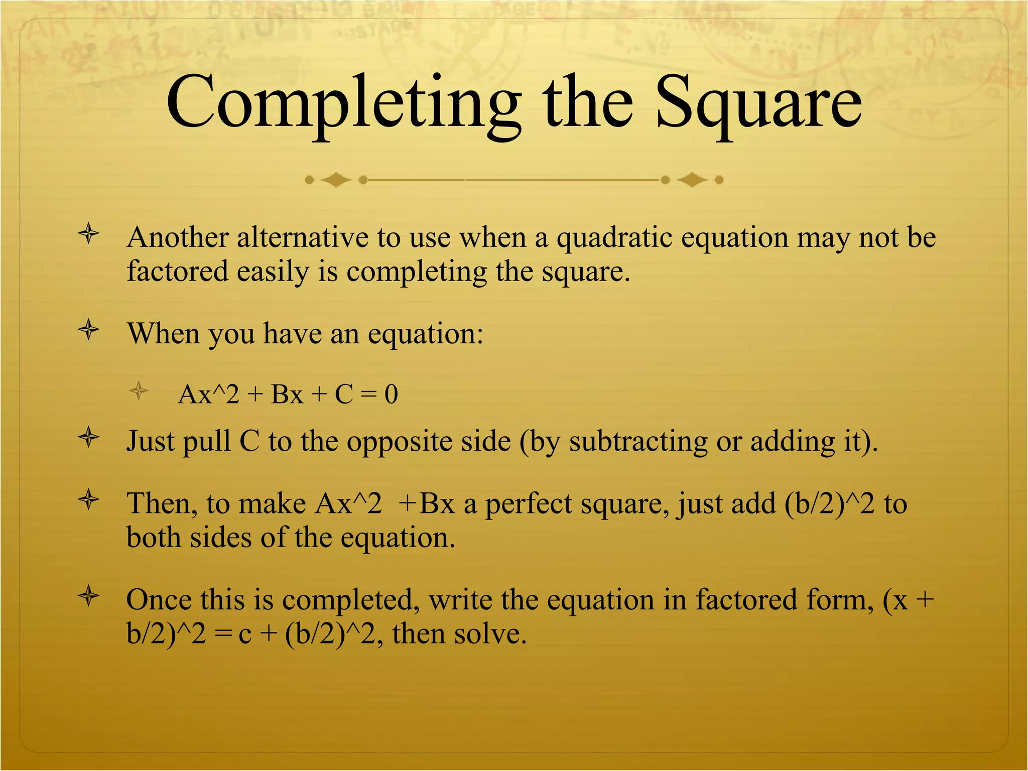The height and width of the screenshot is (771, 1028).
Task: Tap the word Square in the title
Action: click(758, 103)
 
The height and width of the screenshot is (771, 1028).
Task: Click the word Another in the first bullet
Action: click(178, 237)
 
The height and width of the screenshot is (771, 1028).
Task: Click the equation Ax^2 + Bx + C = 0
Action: click(288, 394)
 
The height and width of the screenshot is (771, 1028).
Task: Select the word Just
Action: click(150, 441)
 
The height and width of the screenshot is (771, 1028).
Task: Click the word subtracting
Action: click(638, 442)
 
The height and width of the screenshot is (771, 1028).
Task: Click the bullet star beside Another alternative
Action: click(89, 234)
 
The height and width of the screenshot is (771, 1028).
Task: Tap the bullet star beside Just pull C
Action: click(89, 438)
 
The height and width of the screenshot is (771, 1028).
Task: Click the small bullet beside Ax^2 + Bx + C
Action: click(138, 391)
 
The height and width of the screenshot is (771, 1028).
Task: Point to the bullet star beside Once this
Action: click(89, 596)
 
